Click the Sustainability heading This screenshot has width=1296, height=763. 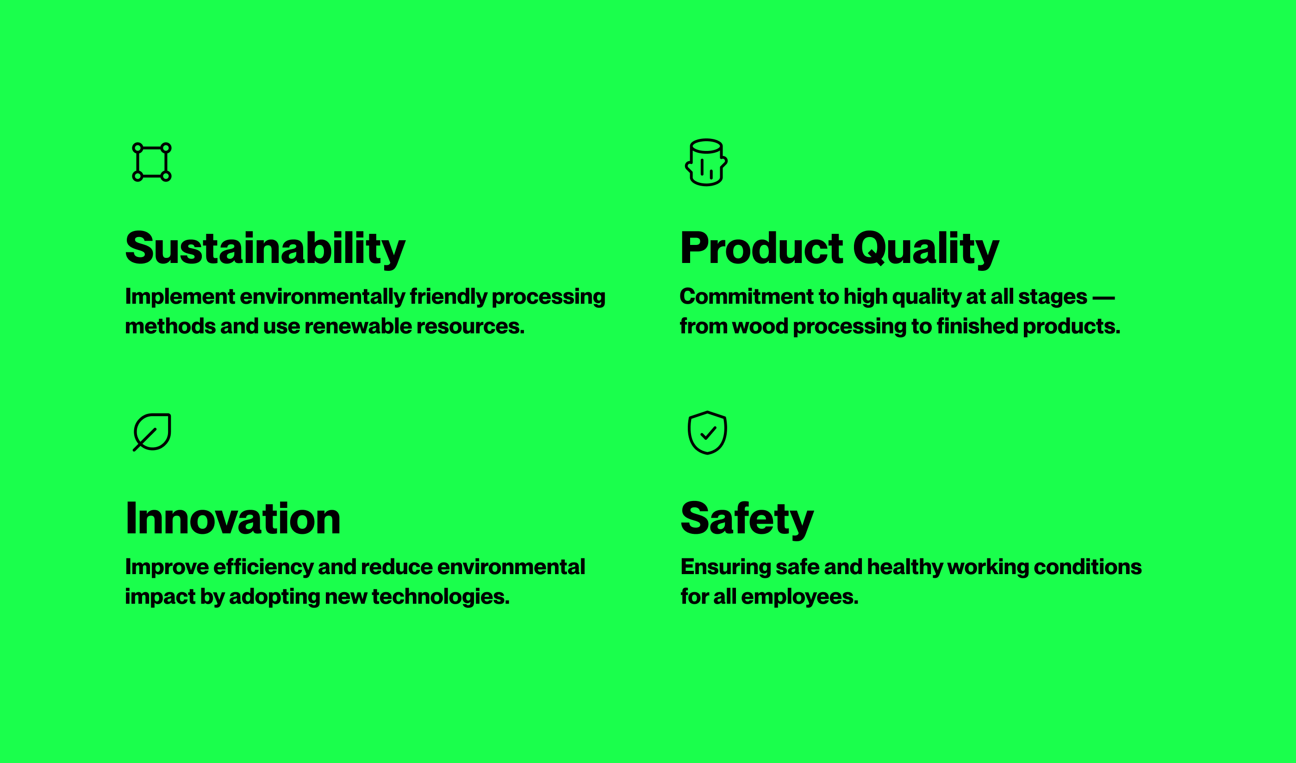(265, 250)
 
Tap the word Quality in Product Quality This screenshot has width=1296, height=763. (926, 250)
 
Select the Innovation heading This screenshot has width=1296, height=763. (233, 519)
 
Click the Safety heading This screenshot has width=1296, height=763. (747, 519)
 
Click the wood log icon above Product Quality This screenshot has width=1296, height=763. (706, 162)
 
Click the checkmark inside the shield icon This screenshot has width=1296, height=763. (708, 433)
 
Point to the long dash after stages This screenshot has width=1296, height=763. (1103, 297)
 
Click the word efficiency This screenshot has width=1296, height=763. (263, 567)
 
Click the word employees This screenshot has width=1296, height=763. (800, 597)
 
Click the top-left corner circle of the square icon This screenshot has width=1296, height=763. (137, 148)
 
